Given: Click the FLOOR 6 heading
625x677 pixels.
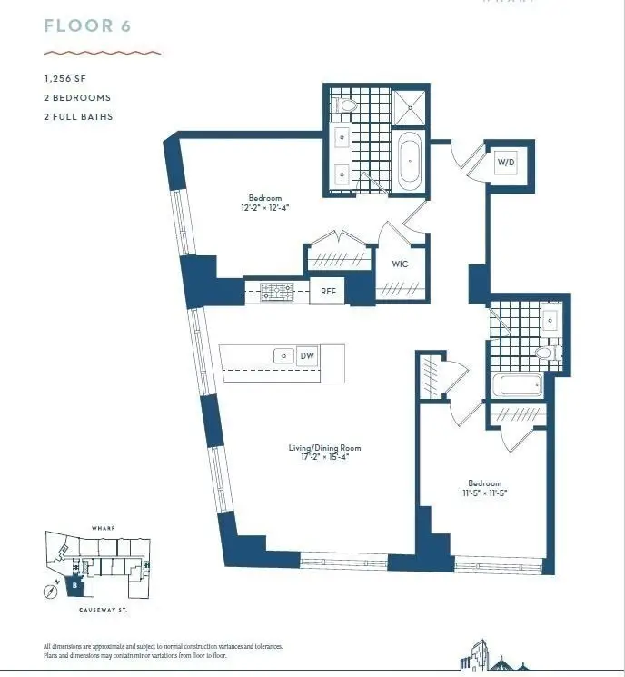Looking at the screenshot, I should coord(87,25).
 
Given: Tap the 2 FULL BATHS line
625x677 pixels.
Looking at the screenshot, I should coord(78,116).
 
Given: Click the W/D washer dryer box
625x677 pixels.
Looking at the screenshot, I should coord(506,164).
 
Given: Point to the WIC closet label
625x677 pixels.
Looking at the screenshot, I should coord(400,264).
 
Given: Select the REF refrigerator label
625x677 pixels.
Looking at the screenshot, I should coord(328,293).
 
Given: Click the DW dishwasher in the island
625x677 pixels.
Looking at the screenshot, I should coord(307,355).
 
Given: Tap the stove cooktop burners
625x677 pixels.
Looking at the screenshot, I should coord(273,292).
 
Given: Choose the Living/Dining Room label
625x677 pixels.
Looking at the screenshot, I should coord(324,447).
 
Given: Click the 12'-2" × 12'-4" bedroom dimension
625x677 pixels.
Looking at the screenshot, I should coord(265,208).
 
